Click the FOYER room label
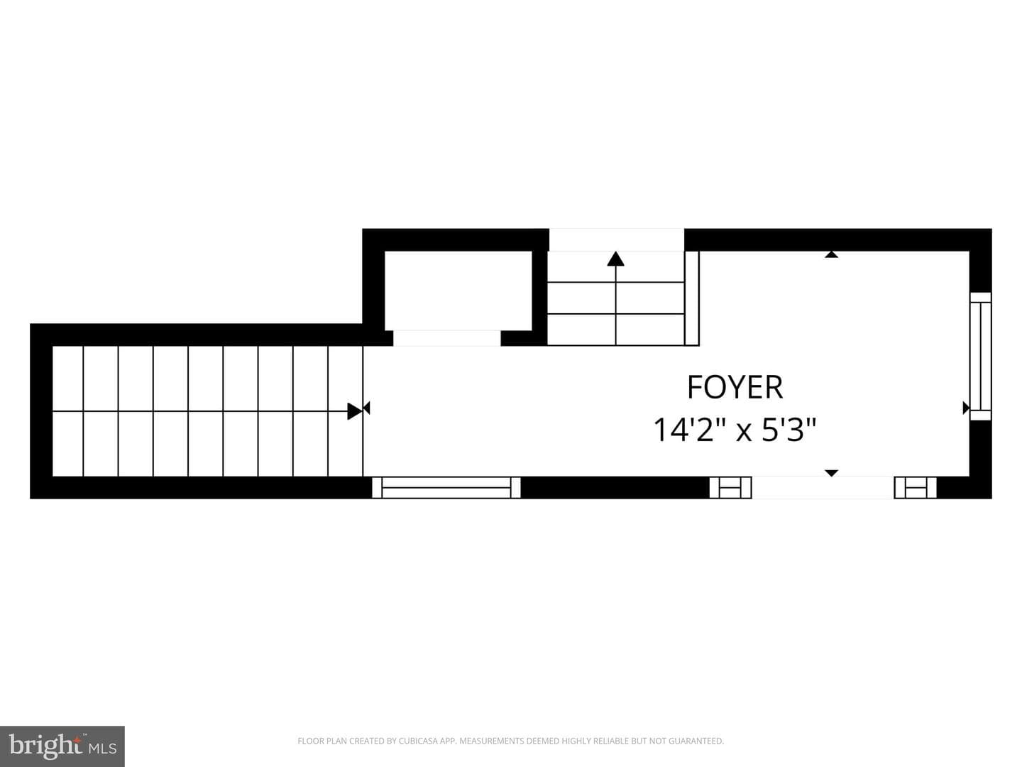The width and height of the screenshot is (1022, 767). click(735, 387)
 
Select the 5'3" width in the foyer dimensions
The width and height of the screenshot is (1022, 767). click(789, 430)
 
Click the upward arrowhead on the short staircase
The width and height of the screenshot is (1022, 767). click(615, 259)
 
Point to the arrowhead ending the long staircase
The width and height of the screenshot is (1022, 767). click(354, 410)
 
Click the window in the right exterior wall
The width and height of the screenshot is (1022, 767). click(980, 357)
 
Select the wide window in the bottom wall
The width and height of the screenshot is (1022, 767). click(446, 488)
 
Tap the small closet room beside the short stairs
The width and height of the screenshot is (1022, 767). click(458, 290)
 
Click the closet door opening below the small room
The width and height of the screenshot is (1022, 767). click(447, 338)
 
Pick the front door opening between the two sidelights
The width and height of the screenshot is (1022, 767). click(823, 488)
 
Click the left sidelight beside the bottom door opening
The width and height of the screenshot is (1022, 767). click(730, 488)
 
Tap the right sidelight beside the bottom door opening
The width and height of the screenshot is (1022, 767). click(916, 488)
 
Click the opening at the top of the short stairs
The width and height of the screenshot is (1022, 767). click(617, 240)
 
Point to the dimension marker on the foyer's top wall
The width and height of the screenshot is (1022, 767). click(832, 254)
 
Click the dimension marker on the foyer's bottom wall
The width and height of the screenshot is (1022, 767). click(832, 473)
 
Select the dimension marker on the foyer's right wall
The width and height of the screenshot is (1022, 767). click(966, 408)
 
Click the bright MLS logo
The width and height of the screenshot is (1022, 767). click(62, 746)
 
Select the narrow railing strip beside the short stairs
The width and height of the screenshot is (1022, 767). click(692, 298)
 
